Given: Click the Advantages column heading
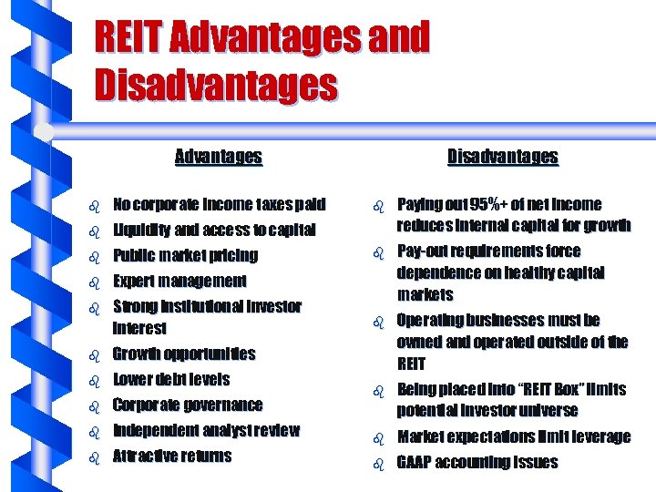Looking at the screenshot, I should pyautogui.click(x=218, y=157).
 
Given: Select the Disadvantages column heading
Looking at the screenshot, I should pyautogui.click(x=502, y=157).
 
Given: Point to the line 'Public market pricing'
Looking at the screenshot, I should pyautogui.click(x=185, y=255).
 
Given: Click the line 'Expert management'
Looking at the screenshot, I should pyautogui.click(x=179, y=281).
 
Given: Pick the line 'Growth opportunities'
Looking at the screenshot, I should pyautogui.click(x=184, y=354).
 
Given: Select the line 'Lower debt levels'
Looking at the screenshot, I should pyautogui.click(x=171, y=379).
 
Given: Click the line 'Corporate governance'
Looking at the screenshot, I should pyautogui.click(x=188, y=405).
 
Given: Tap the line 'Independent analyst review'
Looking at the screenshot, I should pyautogui.click(x=206, y=430).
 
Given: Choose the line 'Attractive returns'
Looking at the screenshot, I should pyautogui.click(x=172, y=456).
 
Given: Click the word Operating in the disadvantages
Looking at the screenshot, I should pyautogui.click(x=432, y=320).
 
